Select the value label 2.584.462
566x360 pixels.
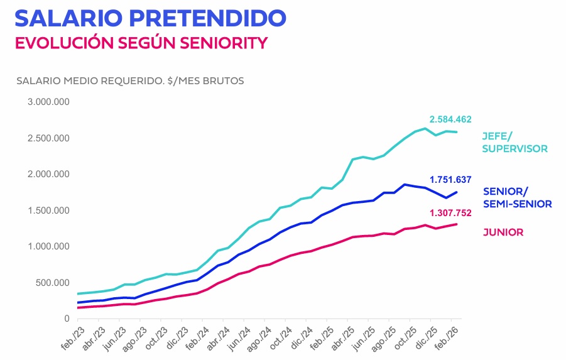coord(450,119)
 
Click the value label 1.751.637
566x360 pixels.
coord(450,179)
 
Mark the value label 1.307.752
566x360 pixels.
coord(450,212)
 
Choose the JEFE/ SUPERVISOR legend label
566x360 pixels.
coord(514,142)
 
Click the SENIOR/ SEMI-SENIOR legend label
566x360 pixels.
coord(517,198)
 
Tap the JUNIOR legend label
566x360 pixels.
coord(503,232)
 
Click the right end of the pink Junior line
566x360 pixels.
coord(457,224)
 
